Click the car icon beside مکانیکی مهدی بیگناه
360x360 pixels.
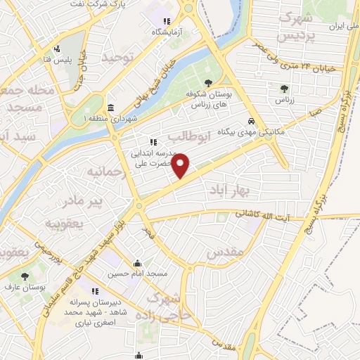coord(251,120)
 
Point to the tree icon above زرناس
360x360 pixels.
coord(283,89)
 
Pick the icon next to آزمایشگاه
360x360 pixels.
coord(167,22)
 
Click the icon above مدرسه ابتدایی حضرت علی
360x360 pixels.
coord(153,141)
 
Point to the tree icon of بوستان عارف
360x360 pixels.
coord(25,277)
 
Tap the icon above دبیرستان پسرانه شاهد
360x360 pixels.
coord(94,291)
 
